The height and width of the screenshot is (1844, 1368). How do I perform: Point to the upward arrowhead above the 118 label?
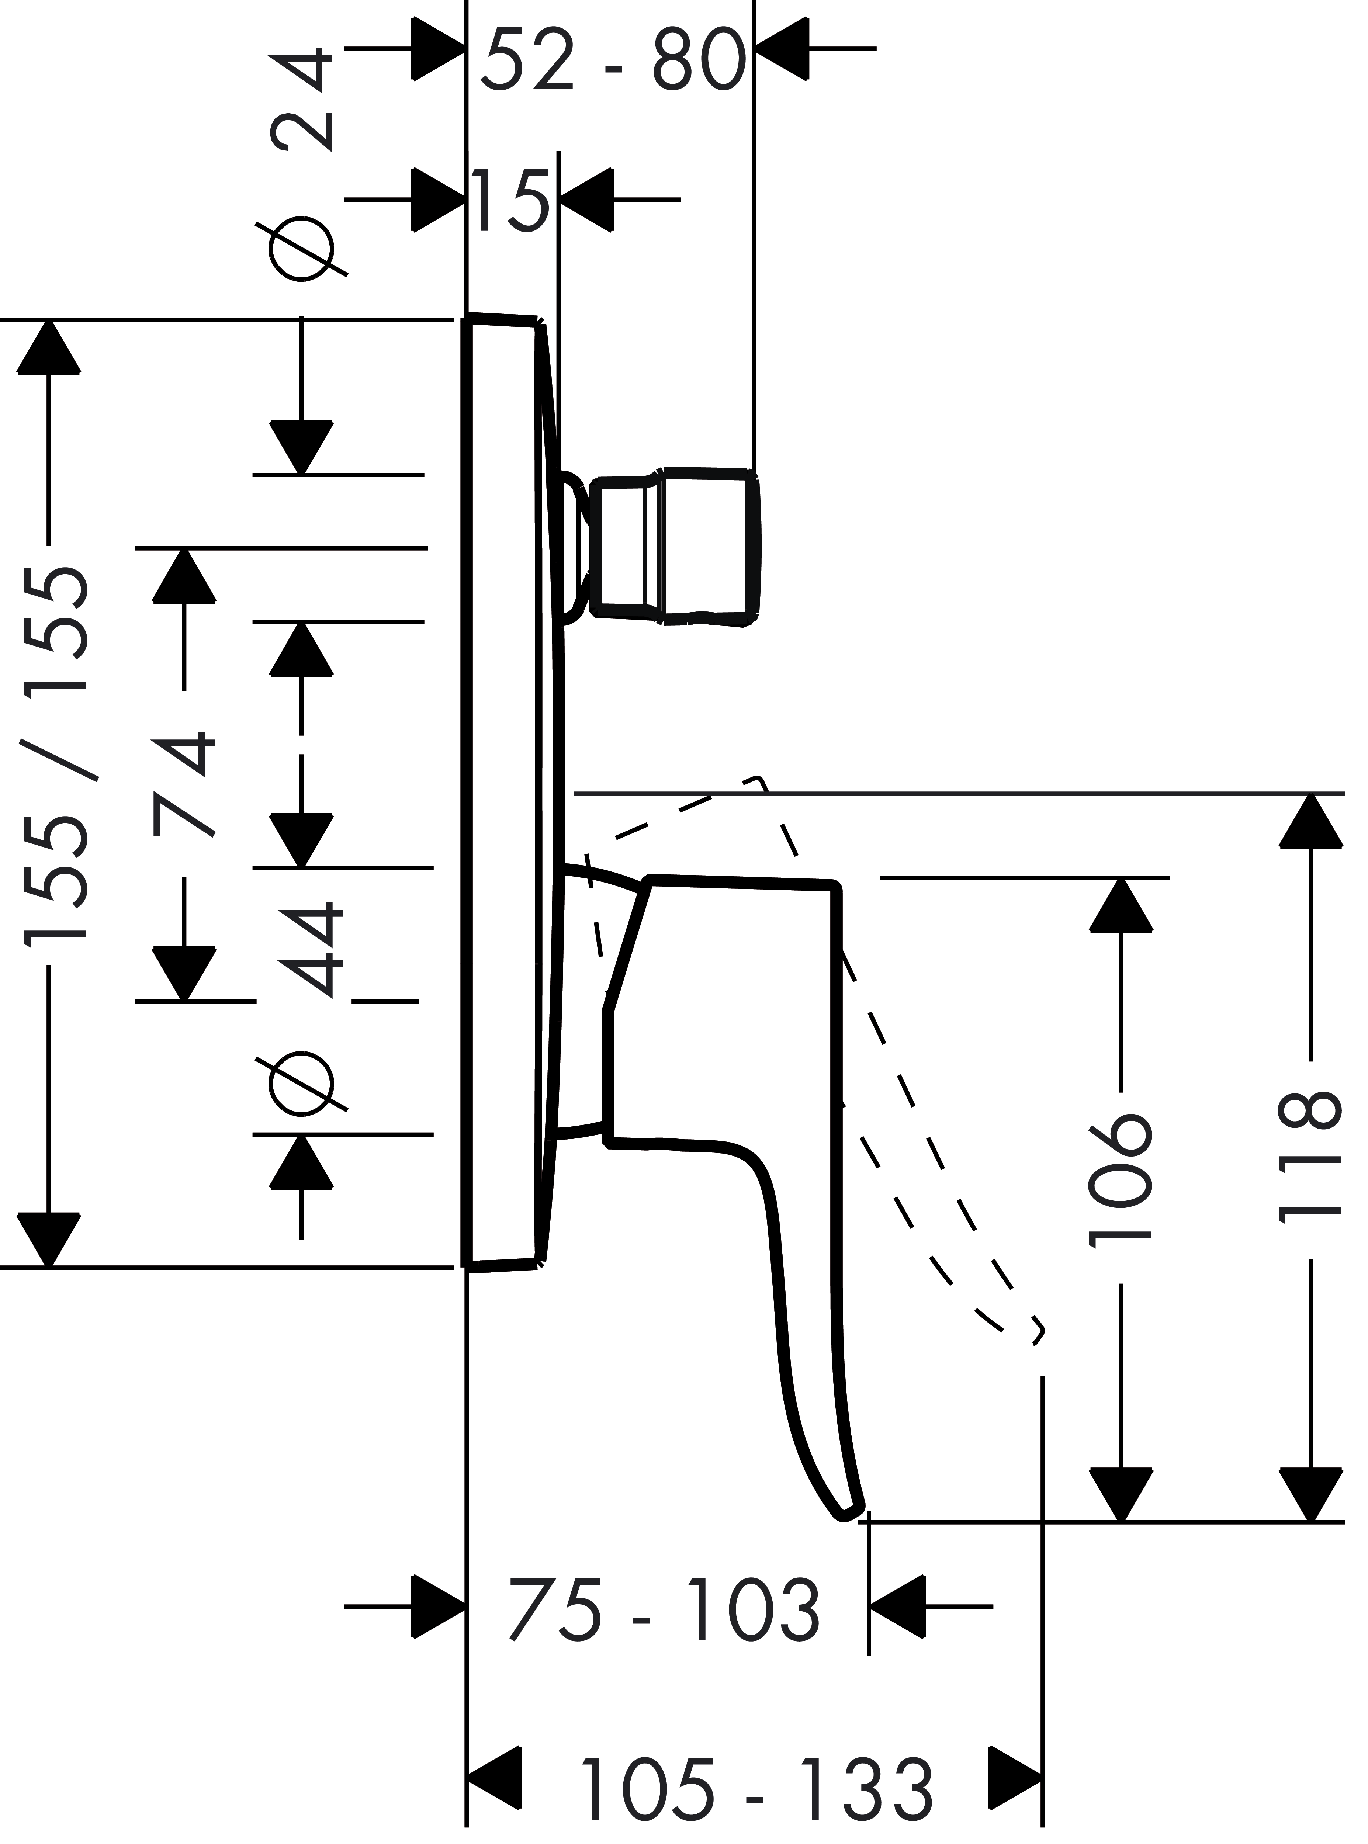[1311, 821]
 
